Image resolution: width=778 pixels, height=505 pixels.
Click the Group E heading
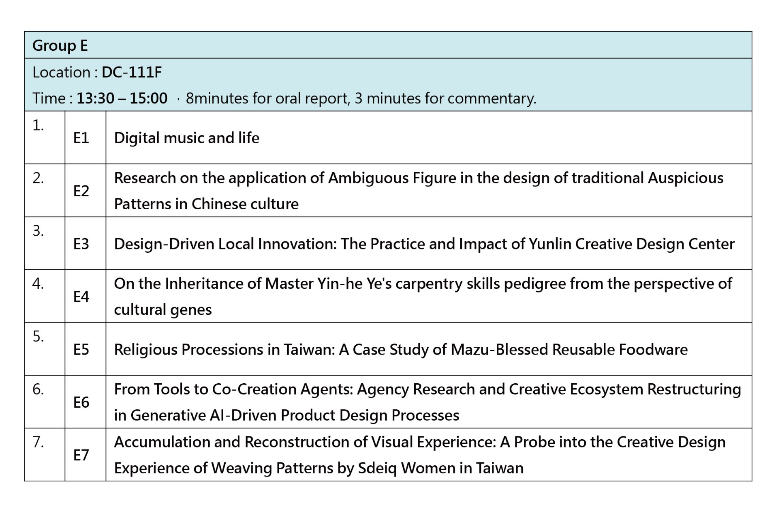[x=60, y=45]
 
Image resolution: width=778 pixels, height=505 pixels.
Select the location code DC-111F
[x=132, y=72]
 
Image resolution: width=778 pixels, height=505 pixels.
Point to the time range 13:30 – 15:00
[x=122, y=98]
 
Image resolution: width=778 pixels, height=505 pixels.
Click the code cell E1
[x=81, y=138]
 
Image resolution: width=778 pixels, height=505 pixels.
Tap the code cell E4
[x=81, y=297]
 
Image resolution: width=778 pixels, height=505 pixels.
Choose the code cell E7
[x=81, y=455]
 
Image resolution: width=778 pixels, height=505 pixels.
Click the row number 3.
[x=38, y=231]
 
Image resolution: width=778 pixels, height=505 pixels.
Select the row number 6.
[x=38, y=389]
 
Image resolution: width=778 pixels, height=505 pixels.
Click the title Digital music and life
[x=187, y=138]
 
